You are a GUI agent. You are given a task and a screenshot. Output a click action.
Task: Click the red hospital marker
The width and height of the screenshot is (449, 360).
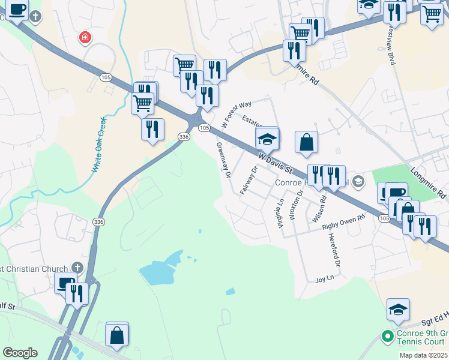85,38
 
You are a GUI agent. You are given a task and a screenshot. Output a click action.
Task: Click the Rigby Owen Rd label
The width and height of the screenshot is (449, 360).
343,223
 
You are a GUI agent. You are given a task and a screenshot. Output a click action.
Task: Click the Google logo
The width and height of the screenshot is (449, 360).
20,353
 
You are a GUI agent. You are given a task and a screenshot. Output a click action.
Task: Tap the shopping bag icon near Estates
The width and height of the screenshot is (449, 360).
306,143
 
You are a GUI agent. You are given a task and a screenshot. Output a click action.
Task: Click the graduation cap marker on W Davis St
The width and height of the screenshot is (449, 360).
267,140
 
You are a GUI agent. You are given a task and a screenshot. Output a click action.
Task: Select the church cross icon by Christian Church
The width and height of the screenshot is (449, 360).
76,268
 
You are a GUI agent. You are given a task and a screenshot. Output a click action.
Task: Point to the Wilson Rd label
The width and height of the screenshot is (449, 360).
319,209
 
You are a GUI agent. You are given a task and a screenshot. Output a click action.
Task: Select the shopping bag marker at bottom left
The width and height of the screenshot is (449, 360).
117,335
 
